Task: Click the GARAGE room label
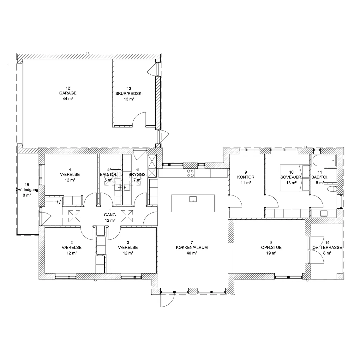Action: tap(68, 93)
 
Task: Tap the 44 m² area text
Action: tap(68, 99)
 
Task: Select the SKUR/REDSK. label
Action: tap(129, 93)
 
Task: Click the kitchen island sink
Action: tap(193, 199)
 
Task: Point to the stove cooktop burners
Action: tap(190, 173)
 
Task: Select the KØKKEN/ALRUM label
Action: tap(192, 248)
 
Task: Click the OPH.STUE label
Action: tap(271, 248)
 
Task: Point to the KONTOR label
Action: tap(246, 177)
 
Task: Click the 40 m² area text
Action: tap(192, 253)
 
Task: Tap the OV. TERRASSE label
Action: tap(327, 248)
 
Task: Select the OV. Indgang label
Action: tap(27, 190)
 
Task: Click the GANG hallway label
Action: tap(110, 215)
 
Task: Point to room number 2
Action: tap(72, 243)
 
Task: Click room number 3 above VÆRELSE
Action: tap(128, 243)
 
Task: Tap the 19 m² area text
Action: tap(271, 253)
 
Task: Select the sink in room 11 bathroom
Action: tap(324, 213)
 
